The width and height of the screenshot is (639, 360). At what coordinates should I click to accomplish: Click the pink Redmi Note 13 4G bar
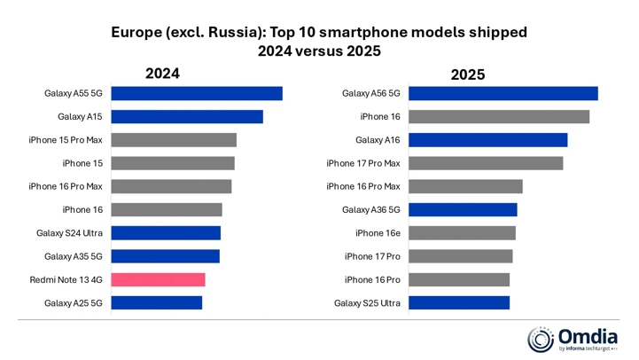158,279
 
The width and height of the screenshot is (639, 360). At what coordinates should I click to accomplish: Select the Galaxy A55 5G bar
197,93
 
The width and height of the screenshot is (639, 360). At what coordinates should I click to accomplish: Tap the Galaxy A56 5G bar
503,93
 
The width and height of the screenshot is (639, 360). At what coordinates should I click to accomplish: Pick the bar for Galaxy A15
187,116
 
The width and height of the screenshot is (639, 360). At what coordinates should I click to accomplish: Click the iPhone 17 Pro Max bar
486,163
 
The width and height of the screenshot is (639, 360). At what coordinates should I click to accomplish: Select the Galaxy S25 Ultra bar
459,302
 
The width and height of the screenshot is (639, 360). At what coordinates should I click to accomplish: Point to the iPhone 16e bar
462,233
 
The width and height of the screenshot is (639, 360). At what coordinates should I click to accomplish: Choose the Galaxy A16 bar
487,140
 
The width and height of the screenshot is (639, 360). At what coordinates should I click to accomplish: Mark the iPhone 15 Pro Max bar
174,140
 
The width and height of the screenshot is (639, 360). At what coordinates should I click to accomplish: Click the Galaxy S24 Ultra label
69,233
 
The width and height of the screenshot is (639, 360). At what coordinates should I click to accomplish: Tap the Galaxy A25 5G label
74,302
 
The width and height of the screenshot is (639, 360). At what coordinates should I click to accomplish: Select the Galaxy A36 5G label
371,210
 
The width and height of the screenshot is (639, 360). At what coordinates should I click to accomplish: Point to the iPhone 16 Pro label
372,279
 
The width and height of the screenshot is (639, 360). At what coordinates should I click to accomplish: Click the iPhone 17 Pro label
372,256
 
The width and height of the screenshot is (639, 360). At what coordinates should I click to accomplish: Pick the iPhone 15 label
82,163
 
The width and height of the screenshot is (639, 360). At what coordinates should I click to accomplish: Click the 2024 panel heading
162,74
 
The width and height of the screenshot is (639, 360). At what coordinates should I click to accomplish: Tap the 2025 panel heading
467,74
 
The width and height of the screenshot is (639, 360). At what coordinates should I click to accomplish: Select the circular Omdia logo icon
541,339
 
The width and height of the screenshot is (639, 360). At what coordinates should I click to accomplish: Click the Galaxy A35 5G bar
165,256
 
